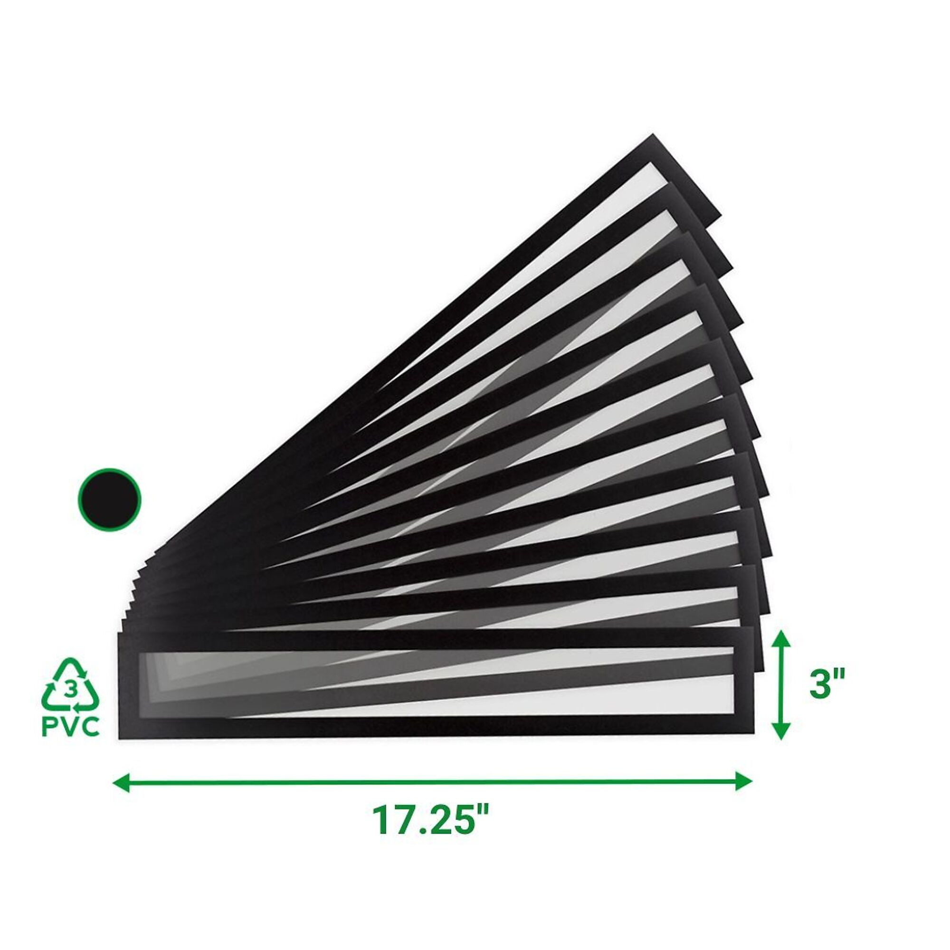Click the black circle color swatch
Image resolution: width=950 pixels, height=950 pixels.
click(110, 500)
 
